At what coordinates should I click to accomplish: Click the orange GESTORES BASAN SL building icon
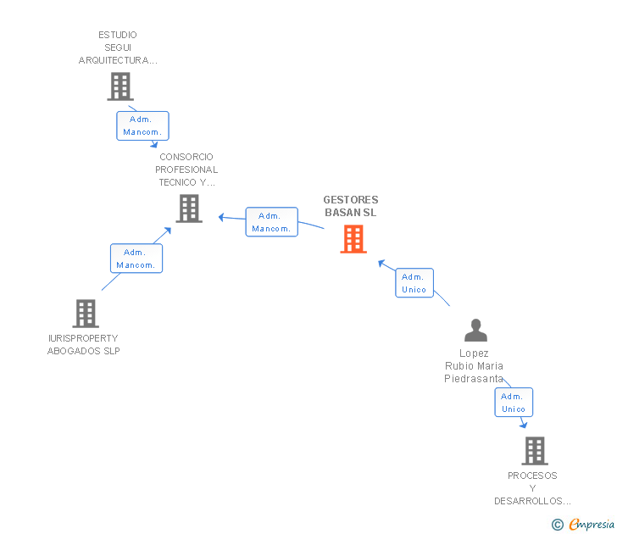point(353,239)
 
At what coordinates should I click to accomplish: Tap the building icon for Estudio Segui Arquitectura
point(120,86)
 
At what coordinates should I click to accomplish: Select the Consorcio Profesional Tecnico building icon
point(188,208)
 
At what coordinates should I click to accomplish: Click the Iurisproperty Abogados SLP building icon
point(85,313)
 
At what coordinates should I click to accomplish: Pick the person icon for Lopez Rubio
point(475,330)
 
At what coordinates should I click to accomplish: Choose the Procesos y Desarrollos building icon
point(534,450)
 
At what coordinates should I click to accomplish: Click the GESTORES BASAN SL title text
point(351,206)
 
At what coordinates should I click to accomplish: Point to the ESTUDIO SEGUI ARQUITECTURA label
point(118,47)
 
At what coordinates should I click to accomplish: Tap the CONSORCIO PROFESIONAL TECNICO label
point(186,170)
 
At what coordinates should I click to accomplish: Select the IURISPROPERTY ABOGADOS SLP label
point(83,344)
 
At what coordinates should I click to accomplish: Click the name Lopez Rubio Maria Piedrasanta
point(474,366)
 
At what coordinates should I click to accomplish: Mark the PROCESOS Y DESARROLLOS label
point(532,488)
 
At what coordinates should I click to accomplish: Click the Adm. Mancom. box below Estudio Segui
point(142,125)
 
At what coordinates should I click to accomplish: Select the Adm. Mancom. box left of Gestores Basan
point(271,222)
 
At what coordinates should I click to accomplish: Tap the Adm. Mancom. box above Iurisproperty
point(136,259)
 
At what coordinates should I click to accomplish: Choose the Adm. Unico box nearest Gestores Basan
point(414,283)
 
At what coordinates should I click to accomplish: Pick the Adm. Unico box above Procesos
point(513,403)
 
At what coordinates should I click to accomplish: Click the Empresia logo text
point(591,524)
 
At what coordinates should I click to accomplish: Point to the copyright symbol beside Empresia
point(558,525)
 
